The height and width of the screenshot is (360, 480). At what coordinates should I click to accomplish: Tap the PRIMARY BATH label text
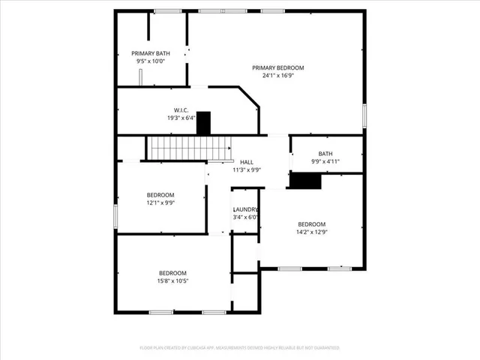coord(151,53)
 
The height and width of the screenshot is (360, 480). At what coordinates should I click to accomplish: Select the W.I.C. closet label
coord(181,109)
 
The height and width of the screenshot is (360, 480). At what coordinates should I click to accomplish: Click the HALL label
coord(246,162)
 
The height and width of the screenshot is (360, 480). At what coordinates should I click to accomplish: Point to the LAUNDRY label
coord(245,210)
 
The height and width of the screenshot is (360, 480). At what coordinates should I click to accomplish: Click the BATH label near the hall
coord(325,154)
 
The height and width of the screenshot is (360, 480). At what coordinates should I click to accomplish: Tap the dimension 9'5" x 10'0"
coord(151,61)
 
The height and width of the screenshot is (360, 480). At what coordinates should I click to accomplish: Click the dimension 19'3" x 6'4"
coord(181,118)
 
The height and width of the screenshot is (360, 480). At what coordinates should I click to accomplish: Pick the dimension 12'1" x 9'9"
coord(160,202)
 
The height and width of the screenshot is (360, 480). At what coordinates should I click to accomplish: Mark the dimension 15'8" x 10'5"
coord(172,281)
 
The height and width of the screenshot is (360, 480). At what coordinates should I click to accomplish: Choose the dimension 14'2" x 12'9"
coord(312,232)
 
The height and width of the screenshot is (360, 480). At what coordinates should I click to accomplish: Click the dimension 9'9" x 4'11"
coord(325,162)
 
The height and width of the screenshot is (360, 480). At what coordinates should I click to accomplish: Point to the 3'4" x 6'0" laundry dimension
coord(245,217)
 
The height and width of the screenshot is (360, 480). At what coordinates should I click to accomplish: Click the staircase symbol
coord(177,148)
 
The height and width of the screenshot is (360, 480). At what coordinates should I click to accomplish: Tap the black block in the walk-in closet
coord(203,123)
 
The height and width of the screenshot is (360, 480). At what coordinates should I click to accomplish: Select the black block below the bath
coord(305,181)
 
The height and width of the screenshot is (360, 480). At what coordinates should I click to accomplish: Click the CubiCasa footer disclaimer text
coord(240,348)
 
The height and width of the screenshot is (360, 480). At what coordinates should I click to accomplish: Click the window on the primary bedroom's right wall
coord(364,115)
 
